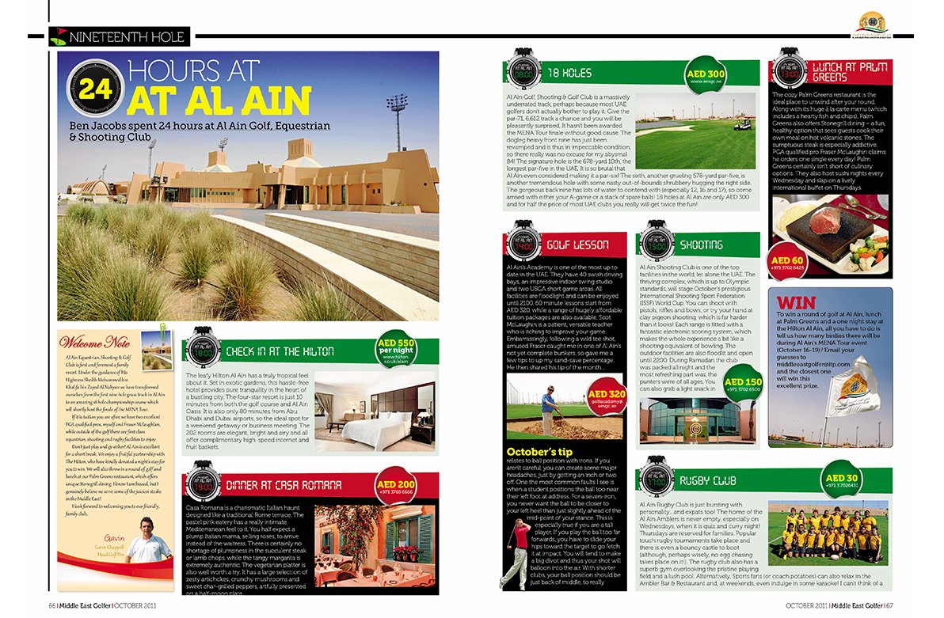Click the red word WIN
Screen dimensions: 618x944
coord(795,303)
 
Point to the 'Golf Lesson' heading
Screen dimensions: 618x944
coord(577,246)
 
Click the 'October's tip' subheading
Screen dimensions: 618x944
coord(535,452)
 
